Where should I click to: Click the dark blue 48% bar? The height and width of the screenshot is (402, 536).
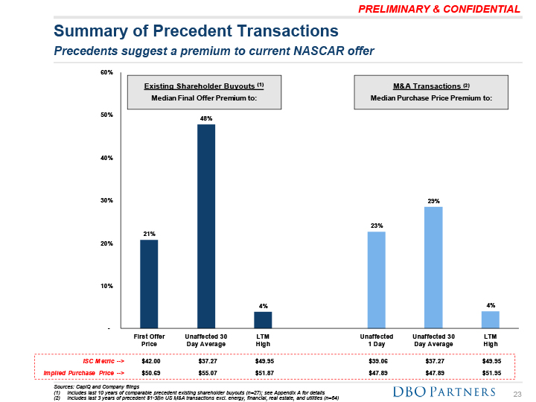pyautogui.click(x=205, y=226)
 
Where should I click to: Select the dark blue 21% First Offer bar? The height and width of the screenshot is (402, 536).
pyautogui.click(x=149, y=284)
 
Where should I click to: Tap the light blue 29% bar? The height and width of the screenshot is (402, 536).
pyautogui.click(x=433, y=267)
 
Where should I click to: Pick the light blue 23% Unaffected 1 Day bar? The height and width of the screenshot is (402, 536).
pyautogui.click(x=377, y=280)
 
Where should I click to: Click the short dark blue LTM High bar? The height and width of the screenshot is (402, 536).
pyautogui.click(x=263, y=319)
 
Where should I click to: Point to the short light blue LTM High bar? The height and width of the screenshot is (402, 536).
pyautogui.click(x=490, y=319)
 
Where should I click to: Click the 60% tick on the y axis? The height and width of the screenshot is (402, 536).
pyautogui.click(x=106, y=73)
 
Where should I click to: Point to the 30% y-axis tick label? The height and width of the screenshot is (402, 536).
pyautogui.click(x=106, y=200)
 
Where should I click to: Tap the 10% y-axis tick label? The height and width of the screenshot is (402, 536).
pyautogui.click(x=106, y=286)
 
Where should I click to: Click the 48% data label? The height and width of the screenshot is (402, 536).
pyautogui.click(x=205, y=118)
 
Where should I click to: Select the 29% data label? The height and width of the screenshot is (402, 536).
pyautogui.click(x=433, y=200)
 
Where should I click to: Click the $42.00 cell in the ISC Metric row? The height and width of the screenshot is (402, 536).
pyautogui.click(x=151, y=361)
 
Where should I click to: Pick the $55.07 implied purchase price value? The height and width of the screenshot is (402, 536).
pyautogui.click(x=206, y=371)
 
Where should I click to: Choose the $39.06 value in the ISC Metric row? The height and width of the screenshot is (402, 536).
pyautogui.click(x=379, y=361)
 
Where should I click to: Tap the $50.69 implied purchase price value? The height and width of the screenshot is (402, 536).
pyautogui.click(x=151, y=371)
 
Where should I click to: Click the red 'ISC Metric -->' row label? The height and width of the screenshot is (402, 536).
pyautogui.click(x=103, y=361)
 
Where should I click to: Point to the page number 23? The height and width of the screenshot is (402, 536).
pyautogui.click(x=518, y=392)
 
